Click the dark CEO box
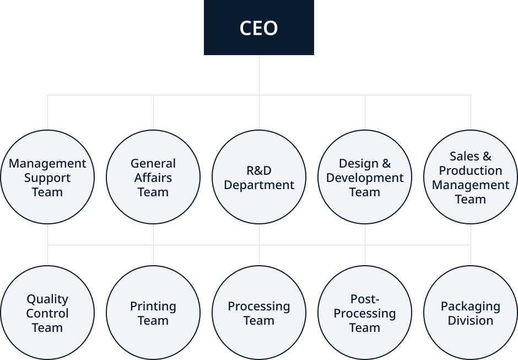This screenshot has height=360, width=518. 259,28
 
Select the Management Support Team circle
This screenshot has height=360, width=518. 47,177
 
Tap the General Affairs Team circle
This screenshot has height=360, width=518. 153,177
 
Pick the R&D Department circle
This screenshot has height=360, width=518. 259,177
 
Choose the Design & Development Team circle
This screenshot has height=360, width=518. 365,177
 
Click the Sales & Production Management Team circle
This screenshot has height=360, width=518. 471,177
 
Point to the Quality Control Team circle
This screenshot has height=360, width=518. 47,313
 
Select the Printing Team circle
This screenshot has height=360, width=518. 153,313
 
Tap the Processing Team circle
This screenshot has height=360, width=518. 259,313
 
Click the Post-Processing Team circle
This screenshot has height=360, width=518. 365,313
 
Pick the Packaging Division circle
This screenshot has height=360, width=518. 471,313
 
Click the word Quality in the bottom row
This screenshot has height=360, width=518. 47,299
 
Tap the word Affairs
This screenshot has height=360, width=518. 153,178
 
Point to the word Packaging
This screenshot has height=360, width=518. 471,307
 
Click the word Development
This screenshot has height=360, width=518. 365,178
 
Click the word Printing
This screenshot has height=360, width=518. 153,307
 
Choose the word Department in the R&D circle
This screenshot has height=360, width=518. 259,185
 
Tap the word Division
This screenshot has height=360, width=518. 471,320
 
